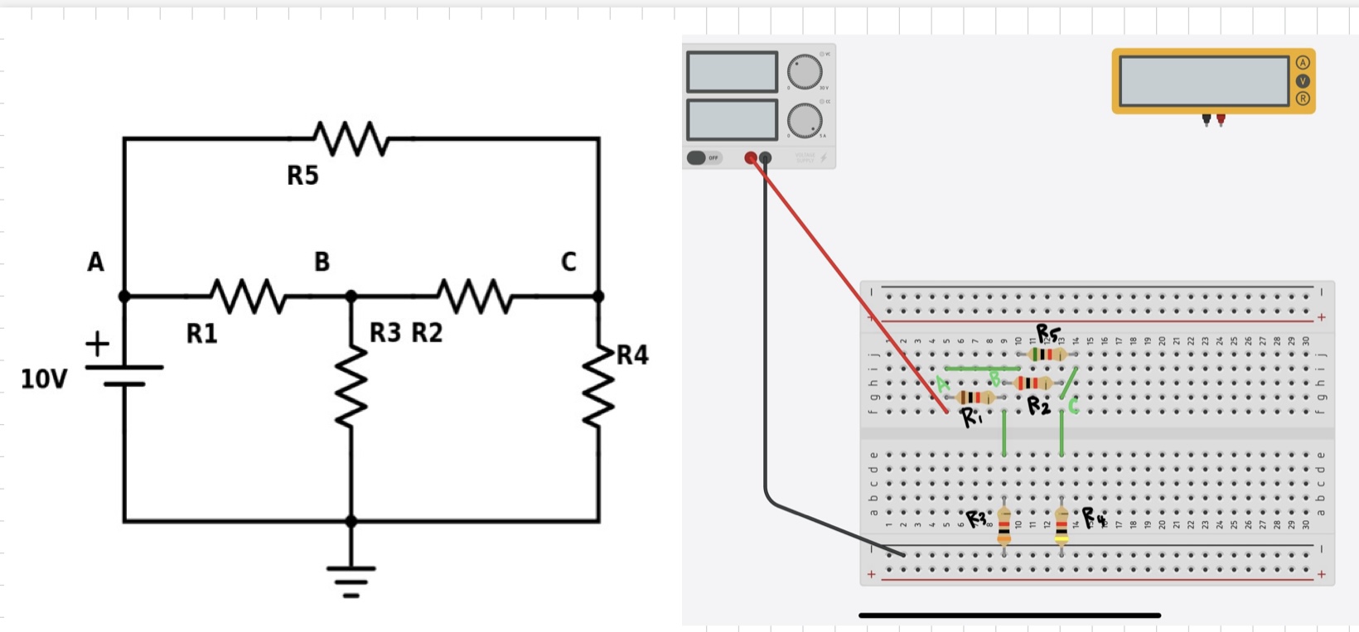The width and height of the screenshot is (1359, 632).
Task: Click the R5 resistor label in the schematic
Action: (x=302, y=176)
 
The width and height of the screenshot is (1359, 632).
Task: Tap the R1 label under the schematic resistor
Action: (x=201, y=334)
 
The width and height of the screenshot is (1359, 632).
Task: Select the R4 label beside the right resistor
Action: (x=631, y=355)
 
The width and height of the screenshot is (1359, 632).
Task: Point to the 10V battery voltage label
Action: (x=44, y=379)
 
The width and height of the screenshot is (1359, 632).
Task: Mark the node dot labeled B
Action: (x=351, y=296)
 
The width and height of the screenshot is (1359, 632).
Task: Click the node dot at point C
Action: (x=598, y=296)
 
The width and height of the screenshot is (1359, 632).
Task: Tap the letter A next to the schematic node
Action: (x=96, y=262)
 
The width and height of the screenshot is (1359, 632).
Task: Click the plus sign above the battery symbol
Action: (x=97, y=343)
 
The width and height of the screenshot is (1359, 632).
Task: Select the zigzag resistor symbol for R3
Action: (x=351, y=385)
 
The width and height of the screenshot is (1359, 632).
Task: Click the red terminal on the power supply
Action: (x=751, y=157)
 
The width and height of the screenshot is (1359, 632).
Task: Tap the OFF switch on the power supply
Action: (x=704, y=157)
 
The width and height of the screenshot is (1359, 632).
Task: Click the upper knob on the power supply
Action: (x=804, y=72)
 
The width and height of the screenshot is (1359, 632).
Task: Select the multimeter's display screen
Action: (x=1203, y=80)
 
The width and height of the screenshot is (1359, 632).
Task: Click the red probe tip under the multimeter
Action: (x=1221, y=121)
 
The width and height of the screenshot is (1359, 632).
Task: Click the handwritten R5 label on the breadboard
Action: (x=1047, y=334)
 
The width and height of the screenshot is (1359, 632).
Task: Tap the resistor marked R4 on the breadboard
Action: (x=1062, y=525)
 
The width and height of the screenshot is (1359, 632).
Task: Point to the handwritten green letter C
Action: (x=1073, y=406)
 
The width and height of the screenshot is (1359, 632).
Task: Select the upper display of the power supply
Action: (x=732, y=72)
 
